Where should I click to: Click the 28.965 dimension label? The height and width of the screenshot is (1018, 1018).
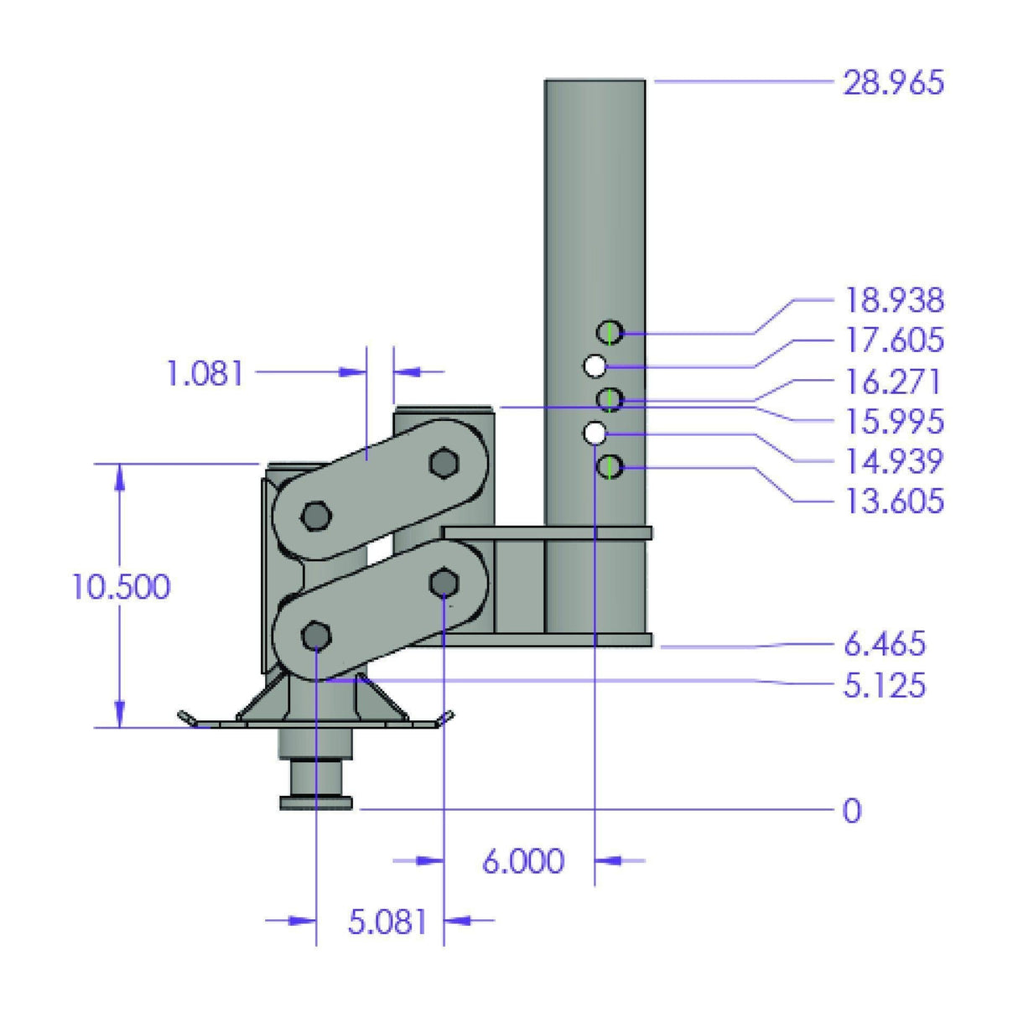(893, 83)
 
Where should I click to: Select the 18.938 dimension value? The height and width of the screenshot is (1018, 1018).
(894, 300)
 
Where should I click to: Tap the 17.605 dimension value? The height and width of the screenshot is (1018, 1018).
(894, 340)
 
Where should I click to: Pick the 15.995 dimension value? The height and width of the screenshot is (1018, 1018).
(894, 421)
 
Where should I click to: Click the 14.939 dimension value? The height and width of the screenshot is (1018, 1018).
(894, 461)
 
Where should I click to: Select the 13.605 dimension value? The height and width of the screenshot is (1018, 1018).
(894, 501)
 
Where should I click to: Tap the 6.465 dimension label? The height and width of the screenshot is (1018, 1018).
(885, 644)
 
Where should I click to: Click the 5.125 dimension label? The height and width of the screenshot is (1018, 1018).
(885, 685)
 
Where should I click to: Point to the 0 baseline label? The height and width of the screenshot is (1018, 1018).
(851, 811)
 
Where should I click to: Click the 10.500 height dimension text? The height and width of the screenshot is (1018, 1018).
(121, 586)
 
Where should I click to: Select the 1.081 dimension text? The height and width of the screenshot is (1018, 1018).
(205, 373)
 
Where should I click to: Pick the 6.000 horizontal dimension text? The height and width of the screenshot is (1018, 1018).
(523, 861)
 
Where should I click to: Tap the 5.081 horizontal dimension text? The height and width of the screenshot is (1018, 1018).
(387, 922)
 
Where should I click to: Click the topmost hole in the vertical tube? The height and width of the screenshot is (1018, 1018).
(610, 333)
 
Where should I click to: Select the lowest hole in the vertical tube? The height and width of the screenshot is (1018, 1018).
(610, 466)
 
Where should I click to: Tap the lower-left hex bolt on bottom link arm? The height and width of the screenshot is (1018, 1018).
(315, 636)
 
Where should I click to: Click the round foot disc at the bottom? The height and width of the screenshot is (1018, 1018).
(315, 804)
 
